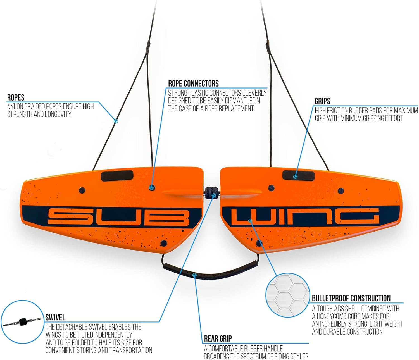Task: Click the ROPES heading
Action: [x=16, y=97]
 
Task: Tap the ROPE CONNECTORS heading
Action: [x=193, y=83]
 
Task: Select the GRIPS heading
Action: [x=322, y=101]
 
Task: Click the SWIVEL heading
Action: [x=55, y=317]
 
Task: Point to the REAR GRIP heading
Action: [x=218, y=338]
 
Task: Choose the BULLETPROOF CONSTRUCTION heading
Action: [x=351, y=298]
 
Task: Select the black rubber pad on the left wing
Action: [x=117, y=176]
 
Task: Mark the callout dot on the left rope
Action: [x=116, y=121]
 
